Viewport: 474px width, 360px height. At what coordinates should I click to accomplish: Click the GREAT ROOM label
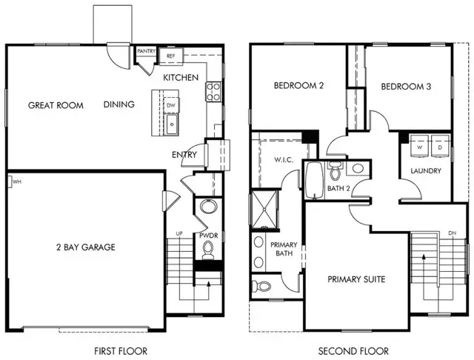coord(56,105)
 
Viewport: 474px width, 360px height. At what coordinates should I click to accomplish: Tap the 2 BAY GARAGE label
coord(85,247)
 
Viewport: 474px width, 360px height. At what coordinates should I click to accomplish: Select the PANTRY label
coord(145,51)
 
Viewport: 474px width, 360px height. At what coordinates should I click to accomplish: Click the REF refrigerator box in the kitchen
coord(170,56)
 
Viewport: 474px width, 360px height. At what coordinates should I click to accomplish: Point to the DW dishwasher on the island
coord(171,106)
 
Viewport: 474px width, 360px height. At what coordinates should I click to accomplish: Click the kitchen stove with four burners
coord(213,91)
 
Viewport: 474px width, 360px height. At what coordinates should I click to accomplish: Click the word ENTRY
coord(184,155)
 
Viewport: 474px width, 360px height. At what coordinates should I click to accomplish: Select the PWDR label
coord(207,236)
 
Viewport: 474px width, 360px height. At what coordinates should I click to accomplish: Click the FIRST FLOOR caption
coord(121,350)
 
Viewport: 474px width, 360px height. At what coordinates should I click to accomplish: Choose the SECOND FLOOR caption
coord(350,350)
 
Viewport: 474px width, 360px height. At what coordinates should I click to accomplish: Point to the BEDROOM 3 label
coord(406,87)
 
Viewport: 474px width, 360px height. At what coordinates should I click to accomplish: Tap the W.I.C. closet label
coord(284,160)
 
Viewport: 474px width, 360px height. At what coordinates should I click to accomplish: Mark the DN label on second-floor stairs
coord(453,233)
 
